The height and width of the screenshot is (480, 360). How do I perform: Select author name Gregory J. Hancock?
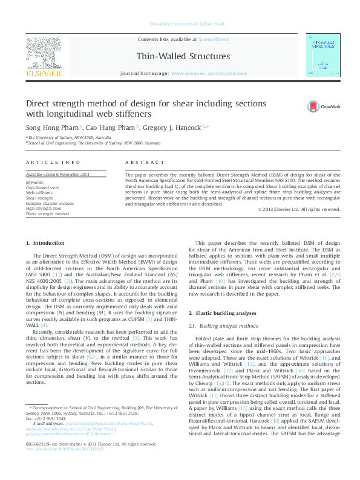point(175,128)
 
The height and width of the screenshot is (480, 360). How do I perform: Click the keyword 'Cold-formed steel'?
point(42,188)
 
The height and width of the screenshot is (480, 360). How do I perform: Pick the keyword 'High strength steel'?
point(44,209)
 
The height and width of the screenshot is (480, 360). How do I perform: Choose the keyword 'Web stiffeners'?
point(40,193)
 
